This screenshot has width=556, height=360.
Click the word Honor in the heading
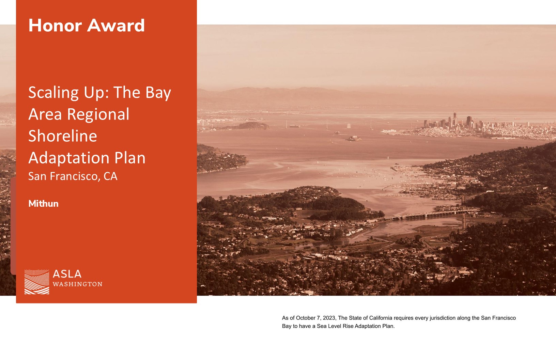(55, 25)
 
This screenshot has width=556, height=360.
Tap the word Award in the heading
(116, 25)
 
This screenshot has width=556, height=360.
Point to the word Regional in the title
(98, 115)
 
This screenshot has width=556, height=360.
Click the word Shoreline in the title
(63, 136)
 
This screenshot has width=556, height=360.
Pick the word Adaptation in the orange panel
(69, 158)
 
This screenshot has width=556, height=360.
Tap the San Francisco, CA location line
(73, 176)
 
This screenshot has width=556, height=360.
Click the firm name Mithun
(44, 204)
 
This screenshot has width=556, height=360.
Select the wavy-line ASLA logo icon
(37, 282)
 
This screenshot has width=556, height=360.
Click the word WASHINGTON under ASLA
(77, 284)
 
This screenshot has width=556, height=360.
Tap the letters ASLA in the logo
(67, 274)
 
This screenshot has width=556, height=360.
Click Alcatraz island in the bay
(353, 138)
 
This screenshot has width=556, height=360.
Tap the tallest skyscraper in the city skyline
(455, 119)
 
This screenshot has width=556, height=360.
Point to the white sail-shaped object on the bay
(349, 126)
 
